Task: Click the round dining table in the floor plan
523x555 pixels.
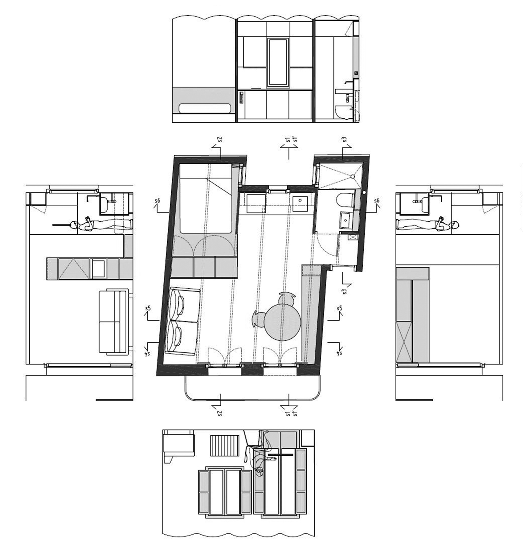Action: pyautogui.click(x=283, y=323)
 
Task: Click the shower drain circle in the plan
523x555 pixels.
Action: pyautogui.click(x=353, y=176)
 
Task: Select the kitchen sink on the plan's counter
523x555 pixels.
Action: pyautogui.click(x=300, y=203)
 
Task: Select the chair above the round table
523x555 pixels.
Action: pyautogui.click(x=287, y=298)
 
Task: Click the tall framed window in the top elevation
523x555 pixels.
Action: pyautogui.click(x=278, y=62)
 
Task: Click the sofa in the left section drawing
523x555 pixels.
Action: pyautogui.click(x=114, y=321)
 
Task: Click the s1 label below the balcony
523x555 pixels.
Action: pyautogui.click(x=288, y=413)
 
